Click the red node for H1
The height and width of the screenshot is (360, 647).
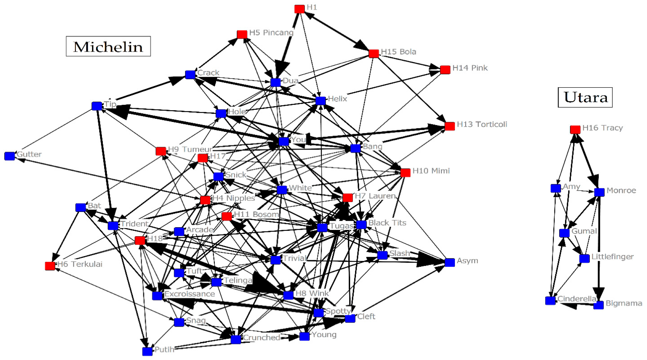[299, 9]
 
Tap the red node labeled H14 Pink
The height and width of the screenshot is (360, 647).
[445, 70]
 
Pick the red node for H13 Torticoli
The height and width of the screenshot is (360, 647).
[450, 126]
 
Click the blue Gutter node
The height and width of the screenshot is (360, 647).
[10, 156]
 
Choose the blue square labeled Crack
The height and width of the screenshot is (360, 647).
[190, 75]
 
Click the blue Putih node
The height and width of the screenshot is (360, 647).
[147, 351]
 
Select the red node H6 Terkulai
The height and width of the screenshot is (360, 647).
[50, 266]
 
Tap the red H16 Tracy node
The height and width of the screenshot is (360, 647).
[575, 130]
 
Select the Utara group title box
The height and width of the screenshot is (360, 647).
[585, 98]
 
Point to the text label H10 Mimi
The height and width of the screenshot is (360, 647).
[431, 171]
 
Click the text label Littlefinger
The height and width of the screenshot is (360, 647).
[612, 257]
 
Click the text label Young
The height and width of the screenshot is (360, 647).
[324, 335]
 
